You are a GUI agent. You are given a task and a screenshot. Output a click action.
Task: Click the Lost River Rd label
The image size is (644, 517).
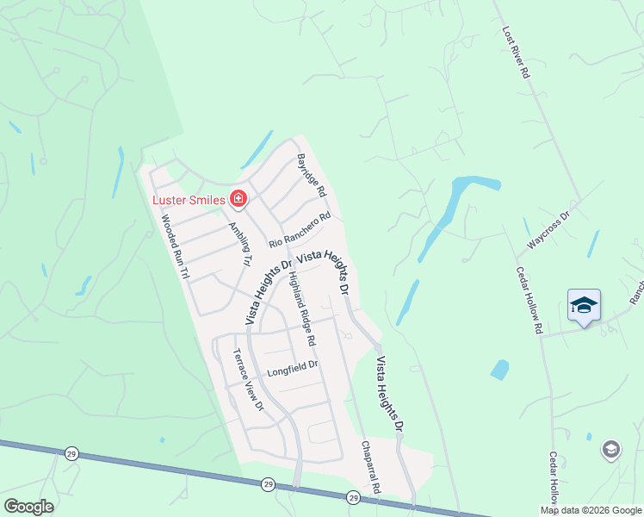(515, 53)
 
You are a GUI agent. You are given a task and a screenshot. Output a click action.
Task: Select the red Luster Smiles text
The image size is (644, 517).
(189, 201)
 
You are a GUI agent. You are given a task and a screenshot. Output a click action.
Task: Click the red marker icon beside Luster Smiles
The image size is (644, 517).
(238, 201)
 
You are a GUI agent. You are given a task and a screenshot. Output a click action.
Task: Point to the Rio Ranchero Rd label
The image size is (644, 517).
(300, 231)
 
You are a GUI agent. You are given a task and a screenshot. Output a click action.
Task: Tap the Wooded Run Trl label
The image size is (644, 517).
(175, 246)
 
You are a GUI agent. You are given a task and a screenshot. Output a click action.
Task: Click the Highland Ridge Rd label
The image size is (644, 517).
(302, 309)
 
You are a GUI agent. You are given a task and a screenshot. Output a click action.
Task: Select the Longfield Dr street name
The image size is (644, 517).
(293, 369)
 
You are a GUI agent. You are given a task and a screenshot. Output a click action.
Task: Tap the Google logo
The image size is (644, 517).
(28, 507)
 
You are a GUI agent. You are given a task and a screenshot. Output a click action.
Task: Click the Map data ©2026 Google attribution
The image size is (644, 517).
(591, 510)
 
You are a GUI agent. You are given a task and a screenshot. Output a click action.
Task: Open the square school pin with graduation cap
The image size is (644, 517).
(584, 305)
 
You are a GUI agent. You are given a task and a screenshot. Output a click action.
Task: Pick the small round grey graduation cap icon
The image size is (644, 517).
(610, 449)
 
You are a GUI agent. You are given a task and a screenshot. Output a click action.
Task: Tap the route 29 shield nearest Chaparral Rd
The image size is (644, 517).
(353, 498)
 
